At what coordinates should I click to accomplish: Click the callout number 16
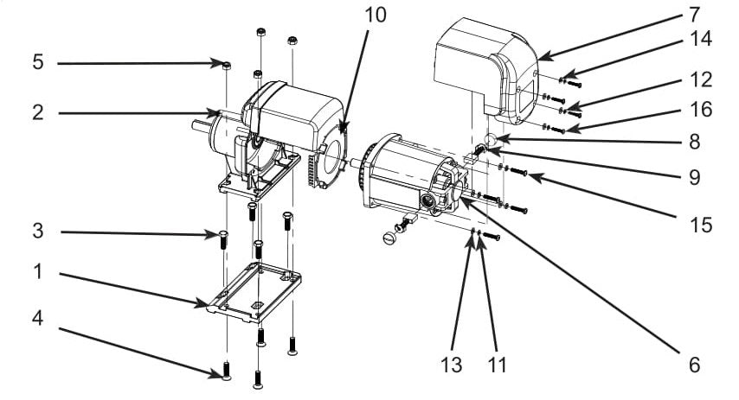tap(700, 110)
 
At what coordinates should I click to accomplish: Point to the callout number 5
tap(37, 63)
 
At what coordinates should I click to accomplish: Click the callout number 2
tap(37, 112)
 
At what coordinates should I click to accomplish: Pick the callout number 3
tap(37, 232)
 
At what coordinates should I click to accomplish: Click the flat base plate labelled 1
tap(255, 294)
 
